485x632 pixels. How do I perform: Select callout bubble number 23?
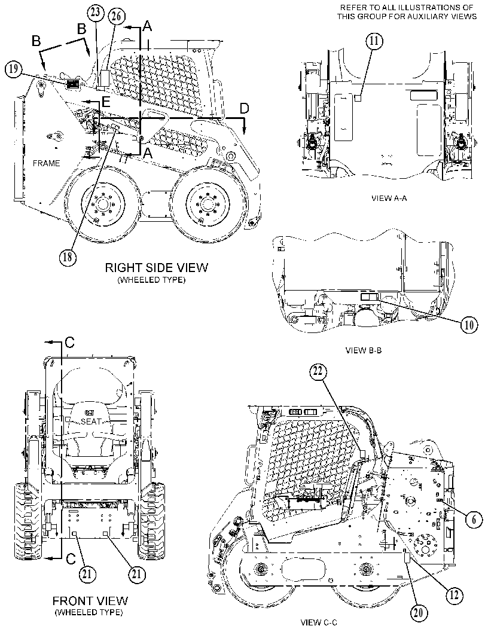(96, 13)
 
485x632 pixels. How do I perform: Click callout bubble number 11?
(374, 41)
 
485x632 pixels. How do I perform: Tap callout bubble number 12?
(454, 595)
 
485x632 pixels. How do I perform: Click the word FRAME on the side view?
(47, 163)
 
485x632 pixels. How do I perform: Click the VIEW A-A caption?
(388, 199)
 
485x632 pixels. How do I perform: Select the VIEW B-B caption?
(364, 350)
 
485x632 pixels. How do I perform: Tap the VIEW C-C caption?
(319, 622)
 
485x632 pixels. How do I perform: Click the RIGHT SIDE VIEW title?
(157, 267)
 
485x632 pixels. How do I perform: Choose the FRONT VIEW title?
(90, 601)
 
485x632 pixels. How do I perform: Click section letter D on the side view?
(245, 108)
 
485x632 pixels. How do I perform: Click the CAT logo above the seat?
(90, 413)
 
